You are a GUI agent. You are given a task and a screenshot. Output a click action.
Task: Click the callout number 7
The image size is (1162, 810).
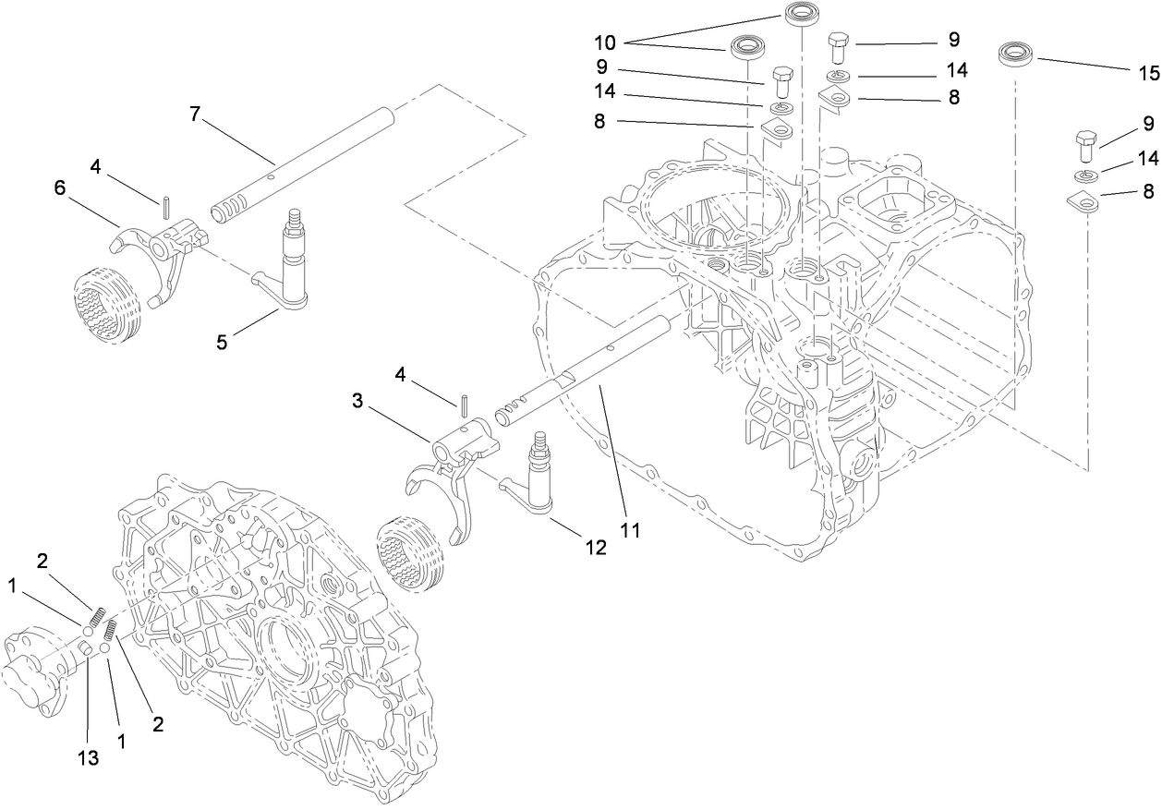[x=194, y=114]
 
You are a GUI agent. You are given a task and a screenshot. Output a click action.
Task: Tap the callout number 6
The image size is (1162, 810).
[x=60, y=187]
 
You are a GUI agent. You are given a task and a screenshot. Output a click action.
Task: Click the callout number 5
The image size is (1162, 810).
[x=221, y=341]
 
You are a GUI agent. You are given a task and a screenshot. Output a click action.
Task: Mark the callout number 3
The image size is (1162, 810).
[x=357, y=402]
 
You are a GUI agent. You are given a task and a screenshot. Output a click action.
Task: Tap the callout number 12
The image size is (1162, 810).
[x=595, y=547]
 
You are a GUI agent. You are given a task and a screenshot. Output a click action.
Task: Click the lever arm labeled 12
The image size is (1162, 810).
[x=536, y=480]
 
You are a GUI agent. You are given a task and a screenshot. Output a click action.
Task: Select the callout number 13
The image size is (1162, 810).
[x=87, y=757]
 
